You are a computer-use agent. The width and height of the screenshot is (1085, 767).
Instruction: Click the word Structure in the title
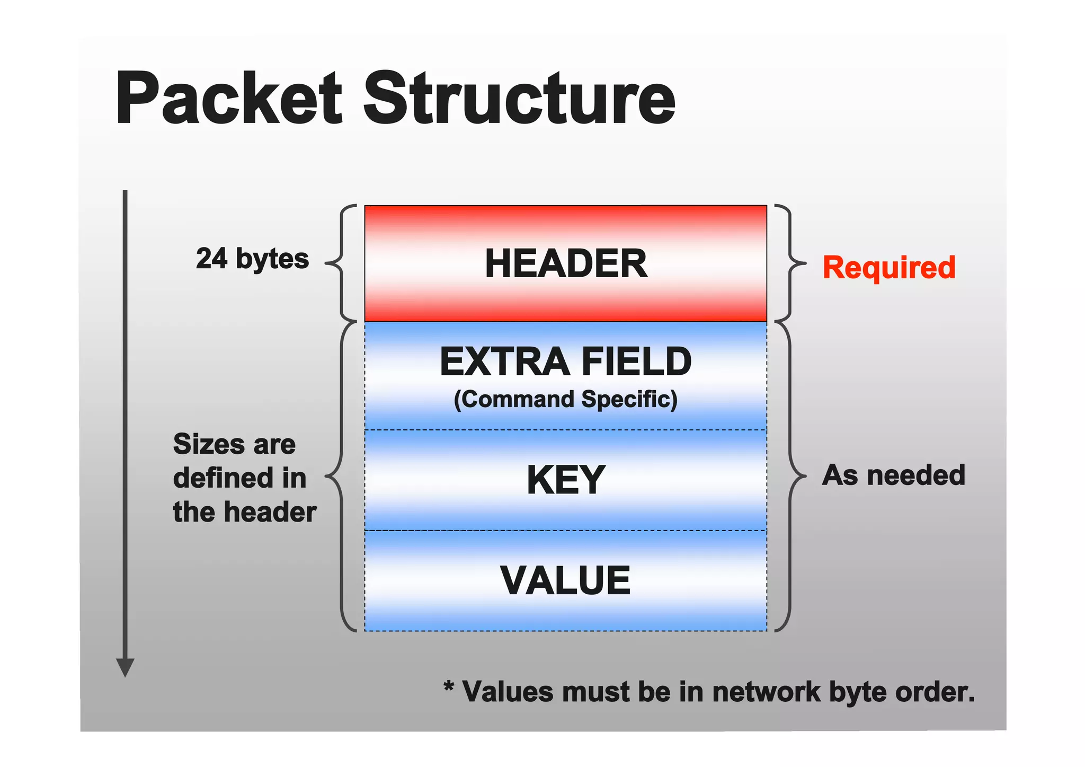click(519, 99)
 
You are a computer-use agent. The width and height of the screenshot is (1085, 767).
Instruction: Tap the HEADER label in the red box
click(566, 263)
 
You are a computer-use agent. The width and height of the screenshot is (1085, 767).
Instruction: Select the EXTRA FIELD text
click(566, 362)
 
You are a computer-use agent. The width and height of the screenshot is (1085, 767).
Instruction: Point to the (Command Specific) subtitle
click(566, 400)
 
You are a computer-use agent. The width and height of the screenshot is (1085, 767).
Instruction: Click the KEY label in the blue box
click(566, 480)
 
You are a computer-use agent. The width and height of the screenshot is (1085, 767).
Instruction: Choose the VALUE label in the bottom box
click(566, 580)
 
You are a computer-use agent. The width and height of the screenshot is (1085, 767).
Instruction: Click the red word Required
click(889, 267)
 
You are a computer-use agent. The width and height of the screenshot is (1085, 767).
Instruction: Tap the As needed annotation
click(893, 475)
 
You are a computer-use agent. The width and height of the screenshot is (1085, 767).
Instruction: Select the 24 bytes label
click(252, 259)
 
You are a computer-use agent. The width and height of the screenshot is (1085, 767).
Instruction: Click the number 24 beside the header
click(212, 259)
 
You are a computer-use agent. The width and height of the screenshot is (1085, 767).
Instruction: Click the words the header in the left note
click(244, 512)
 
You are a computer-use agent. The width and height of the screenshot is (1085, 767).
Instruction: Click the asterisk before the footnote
click(449, 687)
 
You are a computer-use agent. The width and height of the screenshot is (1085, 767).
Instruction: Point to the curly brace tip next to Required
click(804, 263)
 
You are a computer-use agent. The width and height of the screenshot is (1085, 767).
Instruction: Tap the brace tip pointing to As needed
click(804, 476)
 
